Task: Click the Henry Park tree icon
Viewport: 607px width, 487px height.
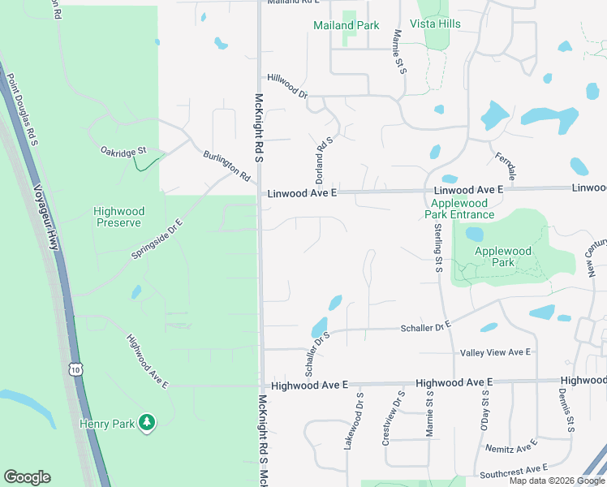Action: (x=147, y=422)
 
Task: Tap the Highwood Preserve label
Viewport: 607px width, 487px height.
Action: (x=118, y=217)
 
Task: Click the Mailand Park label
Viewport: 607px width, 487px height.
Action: (x=347, y=25)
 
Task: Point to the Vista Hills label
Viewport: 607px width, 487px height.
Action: (x=437, y=24)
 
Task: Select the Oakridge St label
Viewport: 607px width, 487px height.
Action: (x=123, y=151)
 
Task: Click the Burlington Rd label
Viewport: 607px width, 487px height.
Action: (x=227, y=165)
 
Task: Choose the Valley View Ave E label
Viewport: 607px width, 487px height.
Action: (x=495, y=352)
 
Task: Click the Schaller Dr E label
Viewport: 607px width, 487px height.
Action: (x=425, y=326)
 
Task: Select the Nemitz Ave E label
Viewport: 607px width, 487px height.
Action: (x=513, y=447)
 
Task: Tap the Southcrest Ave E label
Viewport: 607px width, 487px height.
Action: (x=514, y=469)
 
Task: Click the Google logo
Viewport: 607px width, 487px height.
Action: (x=27, y=477)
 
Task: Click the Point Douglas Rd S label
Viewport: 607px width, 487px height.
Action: (x=23, y=110)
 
